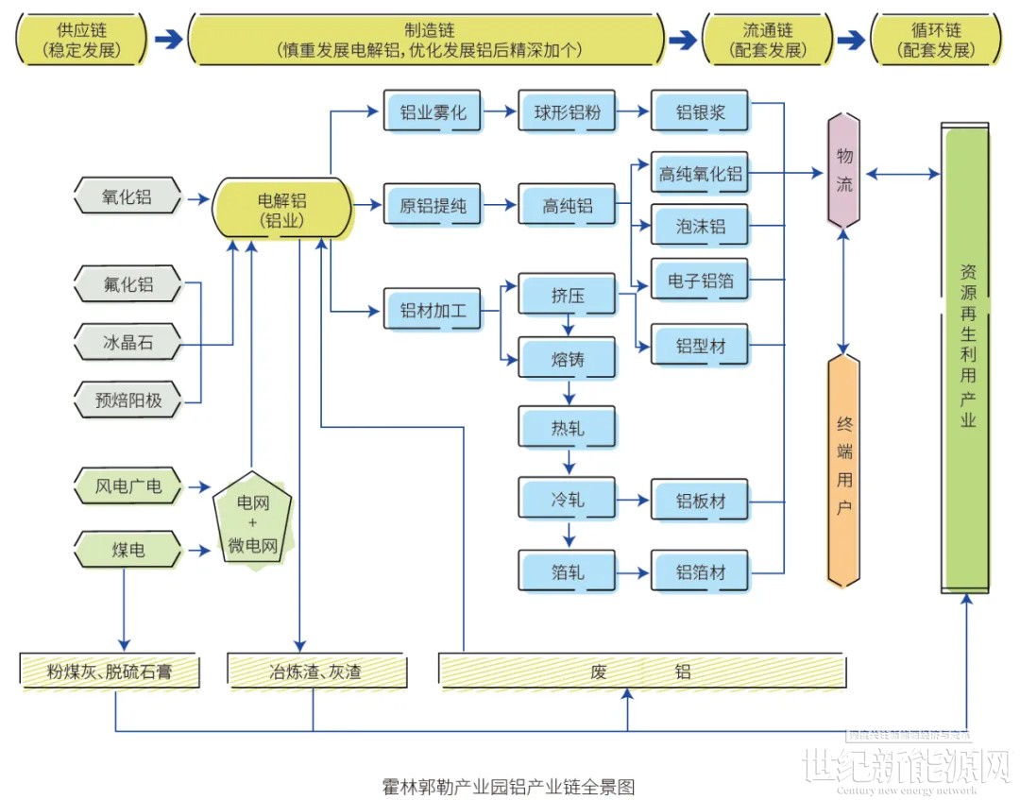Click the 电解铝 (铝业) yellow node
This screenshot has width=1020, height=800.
point(281,209)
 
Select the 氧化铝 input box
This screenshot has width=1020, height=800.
point(127,198)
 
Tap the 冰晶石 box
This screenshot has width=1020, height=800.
point(127,341)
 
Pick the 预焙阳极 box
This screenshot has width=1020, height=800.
point(127,400)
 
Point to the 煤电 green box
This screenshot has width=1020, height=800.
point(127,549)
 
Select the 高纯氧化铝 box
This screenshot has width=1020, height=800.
point(700,174)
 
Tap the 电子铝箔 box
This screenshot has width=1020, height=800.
point(700,281)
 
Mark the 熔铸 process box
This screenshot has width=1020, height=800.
point(568,360)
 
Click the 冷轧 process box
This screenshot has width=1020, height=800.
point(568,499)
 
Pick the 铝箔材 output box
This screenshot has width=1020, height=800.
point(700,571)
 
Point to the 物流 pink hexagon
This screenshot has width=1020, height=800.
point(843,170)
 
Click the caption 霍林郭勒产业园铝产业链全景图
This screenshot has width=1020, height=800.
point(508,786)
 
